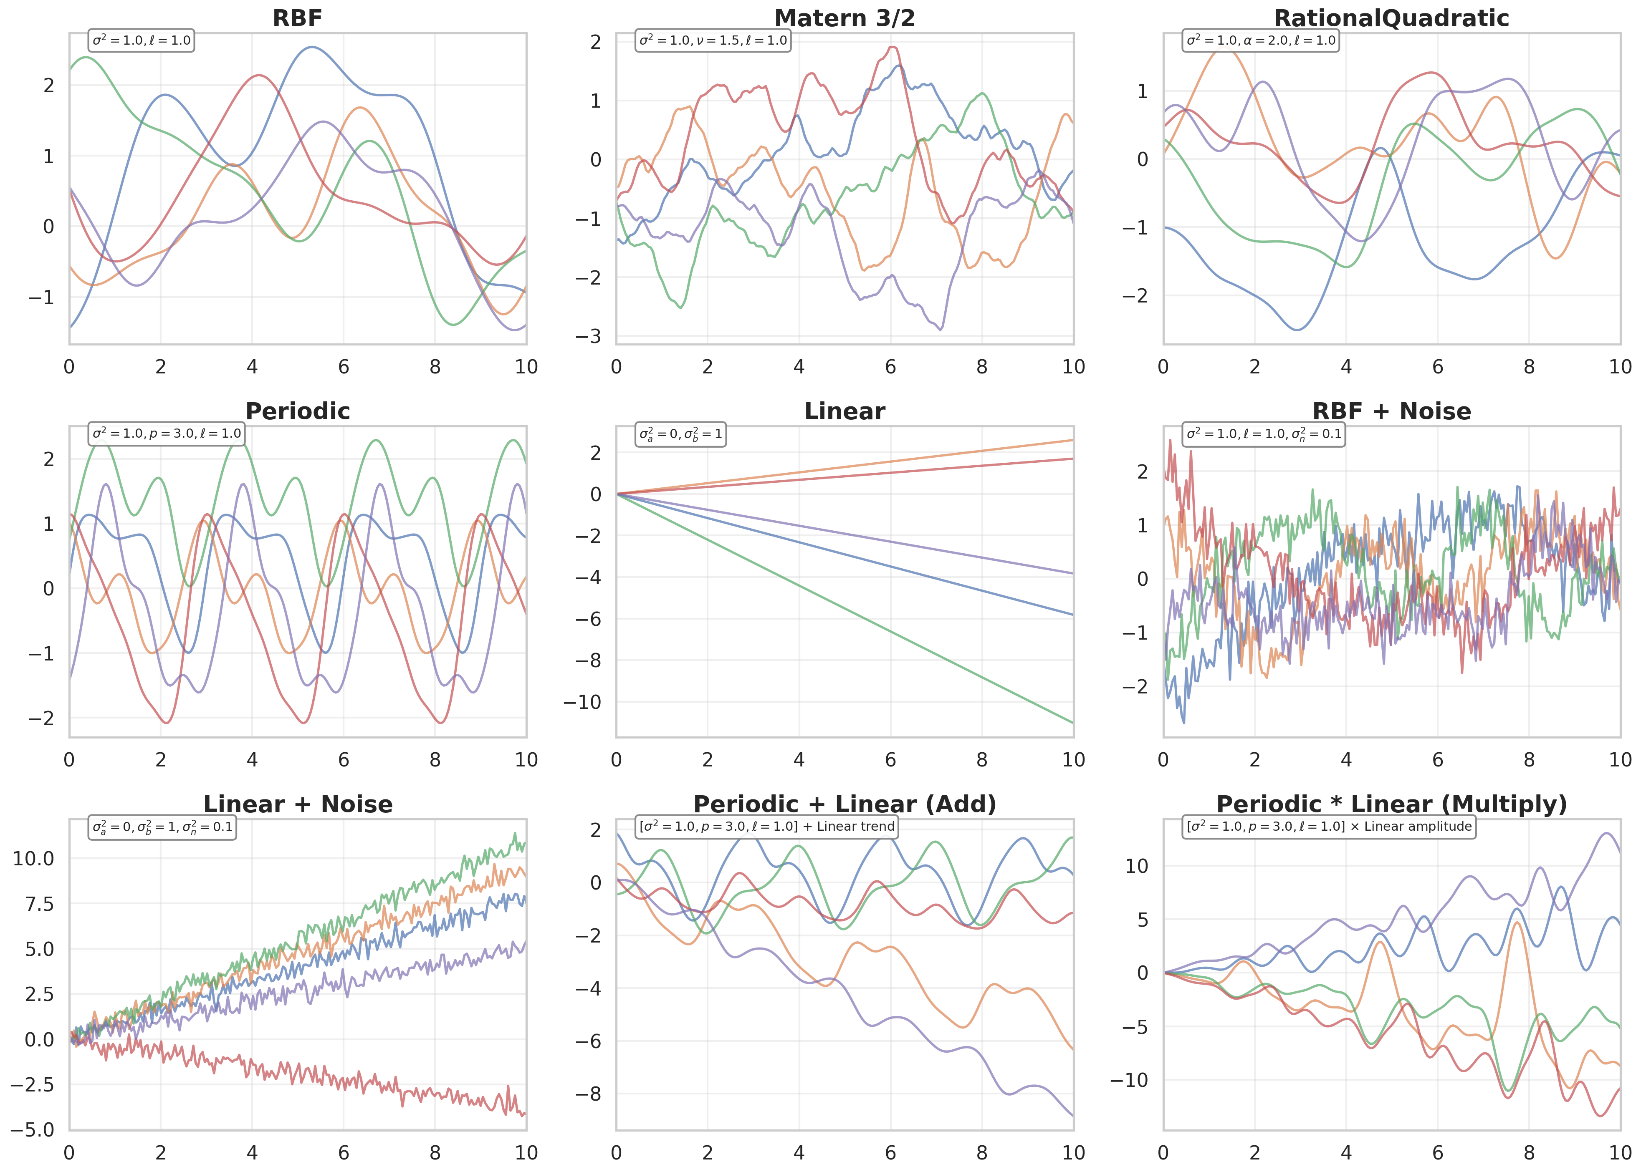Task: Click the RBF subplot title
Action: [298, 18]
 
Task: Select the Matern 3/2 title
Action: [845, 18]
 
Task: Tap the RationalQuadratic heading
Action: [1391, 18]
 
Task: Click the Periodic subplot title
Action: [298, 411]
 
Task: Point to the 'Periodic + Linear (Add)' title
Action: [845, 804]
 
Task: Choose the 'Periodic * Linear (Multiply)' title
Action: [1391, 804]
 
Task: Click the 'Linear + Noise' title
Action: [298, 804]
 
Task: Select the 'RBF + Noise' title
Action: [1391, 411]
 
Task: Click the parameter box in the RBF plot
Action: [142, 40]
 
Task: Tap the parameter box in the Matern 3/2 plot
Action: [713, 40]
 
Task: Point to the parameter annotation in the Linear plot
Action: [680, 434]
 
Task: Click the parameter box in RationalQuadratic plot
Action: [1261, 40]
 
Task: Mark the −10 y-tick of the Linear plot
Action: [582, 702]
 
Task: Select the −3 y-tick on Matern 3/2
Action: [588, 336]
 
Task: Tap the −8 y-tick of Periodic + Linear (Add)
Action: [588, 1094]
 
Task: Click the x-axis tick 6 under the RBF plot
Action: [344, 367]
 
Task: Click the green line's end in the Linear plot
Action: [1073, 722]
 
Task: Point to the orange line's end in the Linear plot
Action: [1073, 440]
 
